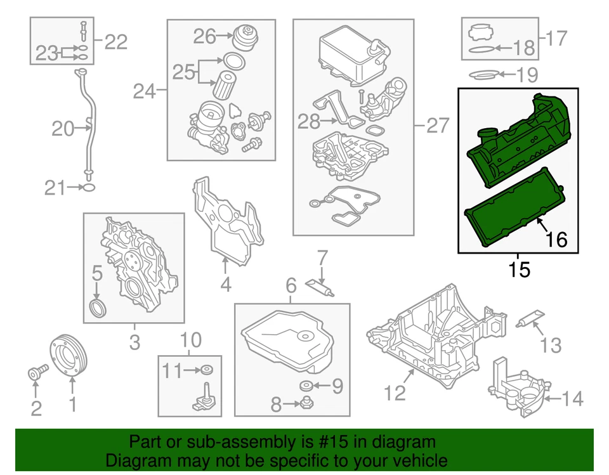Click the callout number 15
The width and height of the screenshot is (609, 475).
(518, 270)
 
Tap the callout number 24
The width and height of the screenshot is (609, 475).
(144, 92)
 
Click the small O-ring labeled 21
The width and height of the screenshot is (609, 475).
(89, 187)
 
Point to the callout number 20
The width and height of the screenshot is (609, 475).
(63, 129)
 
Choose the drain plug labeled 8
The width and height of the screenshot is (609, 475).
(306, 401)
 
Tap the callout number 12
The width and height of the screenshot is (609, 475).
(395, 393)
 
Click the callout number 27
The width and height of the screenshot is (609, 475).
(437, 126)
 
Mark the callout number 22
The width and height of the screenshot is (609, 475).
(115, 42)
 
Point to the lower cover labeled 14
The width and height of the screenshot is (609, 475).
(517, 393)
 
